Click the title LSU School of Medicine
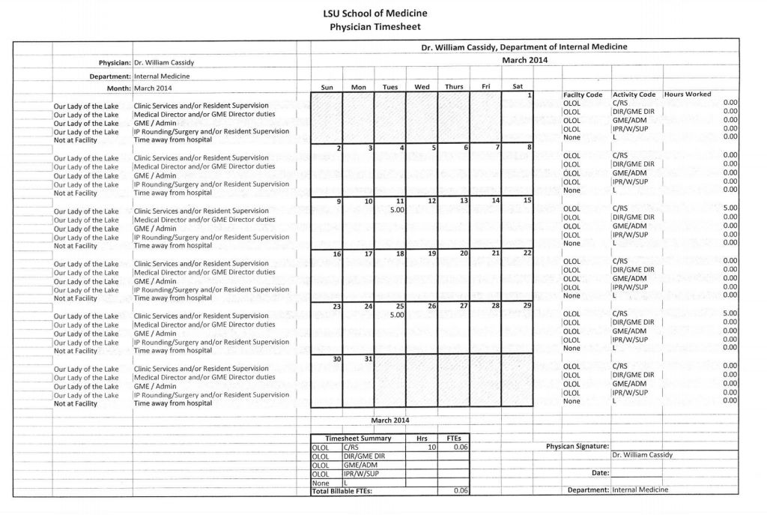coord(375,13)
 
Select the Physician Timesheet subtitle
coord(375,27)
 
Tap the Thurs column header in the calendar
coord(454,87)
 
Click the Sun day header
coord(327,87)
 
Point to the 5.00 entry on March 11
coord(397,210)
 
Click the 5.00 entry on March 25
coord(397,315)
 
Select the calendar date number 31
coord(368,359)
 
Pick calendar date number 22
coord(527,254)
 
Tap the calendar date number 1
coord(529,95)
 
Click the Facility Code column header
coord(582,94)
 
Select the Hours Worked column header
coord(688,94)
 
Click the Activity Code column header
coord(634,94)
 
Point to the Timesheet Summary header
coord(358,439)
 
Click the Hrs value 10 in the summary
coord(431,447)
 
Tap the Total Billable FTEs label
coord(342,491)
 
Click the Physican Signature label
coord(577,447)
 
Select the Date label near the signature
coord(600,473)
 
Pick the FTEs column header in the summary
coord(453,439)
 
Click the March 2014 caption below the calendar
coord(389,420)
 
